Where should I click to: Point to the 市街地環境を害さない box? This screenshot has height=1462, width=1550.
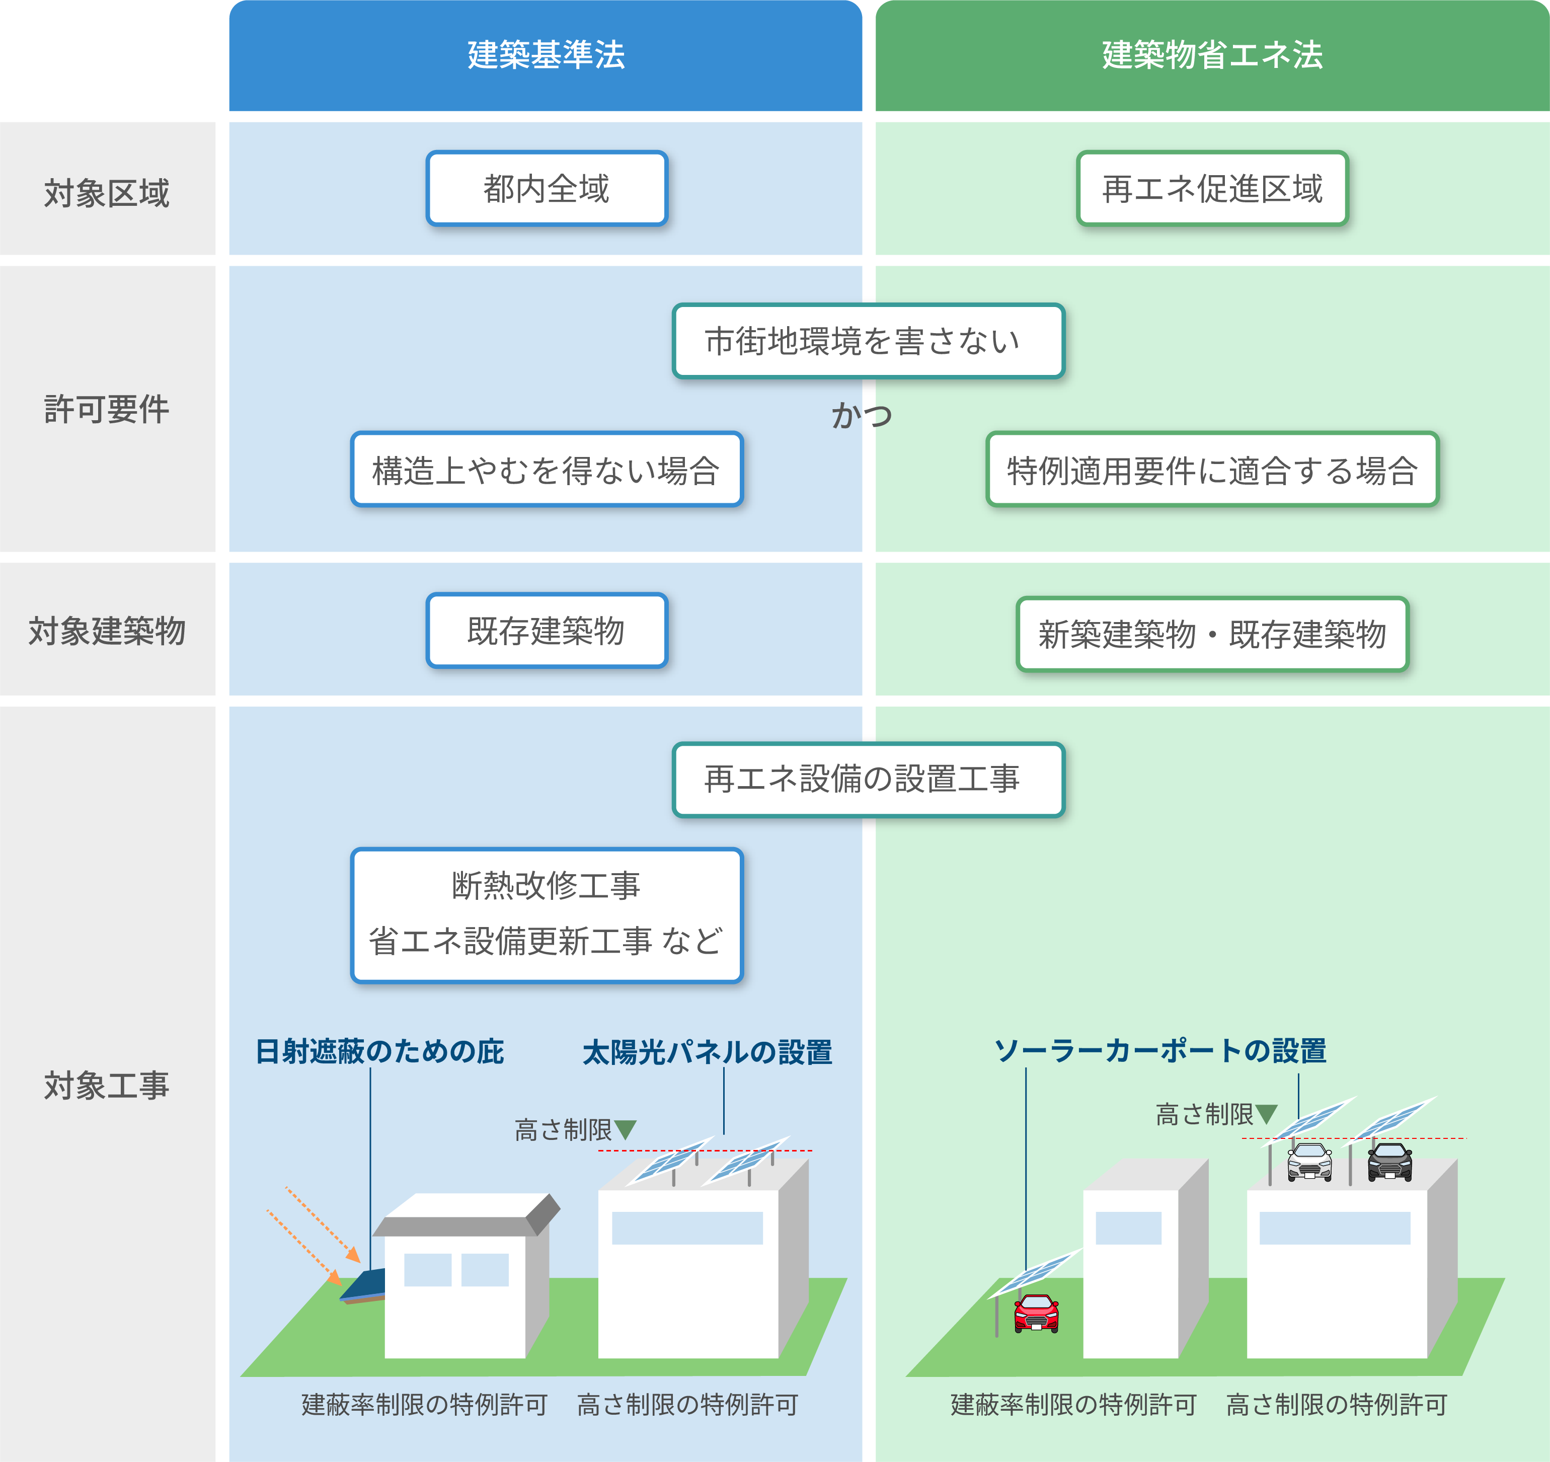(x=868, y=341)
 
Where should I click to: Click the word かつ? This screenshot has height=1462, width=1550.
(x=862, y=415)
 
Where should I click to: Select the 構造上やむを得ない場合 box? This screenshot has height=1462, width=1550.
(x=547, y=470)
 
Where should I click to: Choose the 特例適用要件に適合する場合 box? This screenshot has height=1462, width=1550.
(x=1212, y=470)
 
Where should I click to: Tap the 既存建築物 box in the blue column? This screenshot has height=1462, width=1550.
(x=547, y=630)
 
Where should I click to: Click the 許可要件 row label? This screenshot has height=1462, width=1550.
(x=107, y=409)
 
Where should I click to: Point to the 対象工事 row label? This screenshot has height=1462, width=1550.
(x=107, y=1085)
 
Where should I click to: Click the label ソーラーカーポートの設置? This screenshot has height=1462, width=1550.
(x=1159, y=1050)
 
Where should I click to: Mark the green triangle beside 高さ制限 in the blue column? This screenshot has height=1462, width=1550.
(x=626, y=1128)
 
